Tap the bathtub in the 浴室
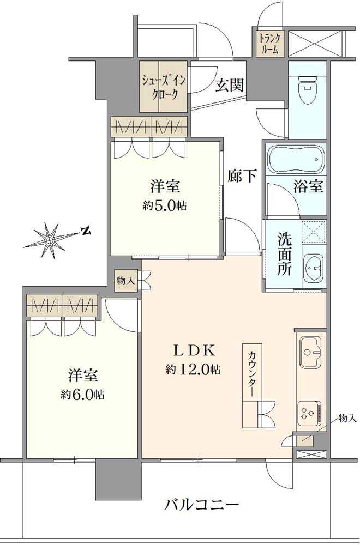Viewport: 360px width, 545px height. (295, 159)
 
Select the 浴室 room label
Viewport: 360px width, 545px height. (309, 187)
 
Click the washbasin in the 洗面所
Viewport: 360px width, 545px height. (313, 268)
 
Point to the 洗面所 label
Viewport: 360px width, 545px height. (285, 254)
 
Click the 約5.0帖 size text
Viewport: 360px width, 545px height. (166, 205)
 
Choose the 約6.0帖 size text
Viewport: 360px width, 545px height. (83, 395)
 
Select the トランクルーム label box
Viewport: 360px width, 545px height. (269, 43)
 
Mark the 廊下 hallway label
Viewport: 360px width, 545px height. (242, 175)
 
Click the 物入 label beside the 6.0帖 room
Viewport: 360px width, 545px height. (125, 281)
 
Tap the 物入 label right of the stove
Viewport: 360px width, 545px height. (347, 418)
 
